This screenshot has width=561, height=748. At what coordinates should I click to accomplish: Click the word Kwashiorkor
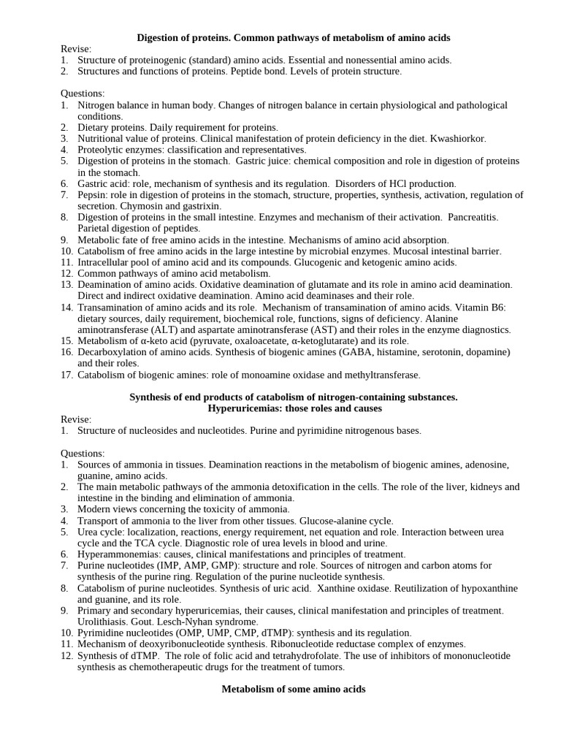[458, 138]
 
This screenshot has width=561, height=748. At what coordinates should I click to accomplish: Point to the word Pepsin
[91, 195]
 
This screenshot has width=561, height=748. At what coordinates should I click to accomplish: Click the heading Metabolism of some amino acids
[293, 689]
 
